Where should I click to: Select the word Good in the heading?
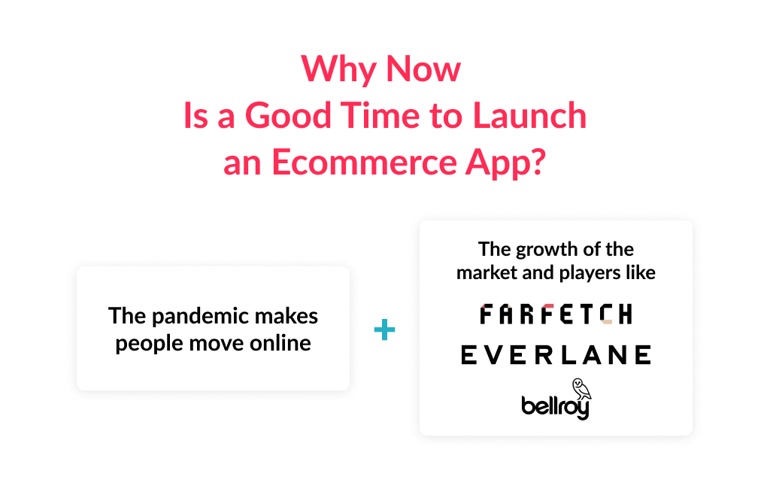[286, 117]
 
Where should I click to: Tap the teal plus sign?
[384, 330]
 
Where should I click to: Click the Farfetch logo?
[556, 314]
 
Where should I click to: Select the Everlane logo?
[556, 355]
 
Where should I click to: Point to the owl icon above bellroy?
[581, 388]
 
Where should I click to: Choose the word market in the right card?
[487, 272]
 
